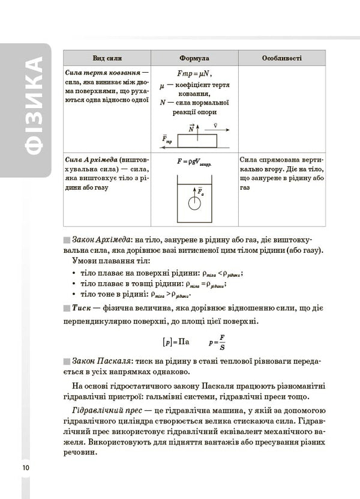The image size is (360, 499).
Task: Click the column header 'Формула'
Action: pyautogui.click(x=194, y=58)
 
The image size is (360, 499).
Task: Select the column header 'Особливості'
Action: pyautogui.click(x=281, y=58)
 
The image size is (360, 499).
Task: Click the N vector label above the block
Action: pyautogui.click(x=191, y=128)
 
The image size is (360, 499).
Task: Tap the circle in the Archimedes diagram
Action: pyautogui.click(x=194, y=202)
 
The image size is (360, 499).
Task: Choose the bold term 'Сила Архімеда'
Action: pyautogui.click(x=91, y=161)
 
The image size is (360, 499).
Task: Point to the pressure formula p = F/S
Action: pyautogui.click(x=217, y=343)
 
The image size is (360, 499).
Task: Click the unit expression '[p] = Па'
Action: pyautogui.click(x=176, y=342)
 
